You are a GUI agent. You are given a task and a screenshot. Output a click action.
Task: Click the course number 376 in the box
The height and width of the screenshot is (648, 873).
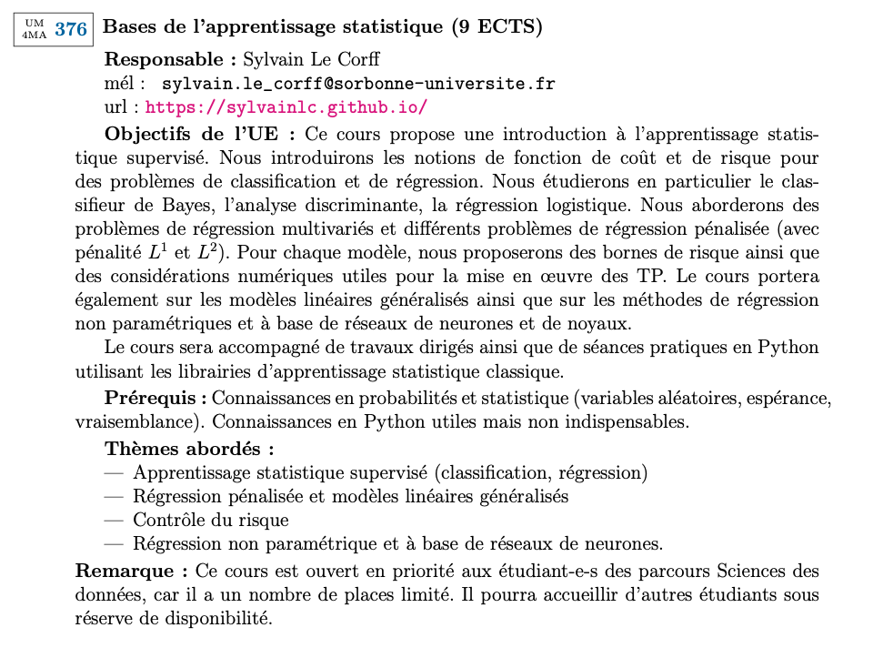pos(71,29)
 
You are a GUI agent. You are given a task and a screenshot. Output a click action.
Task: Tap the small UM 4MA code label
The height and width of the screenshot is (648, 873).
pos(34,29)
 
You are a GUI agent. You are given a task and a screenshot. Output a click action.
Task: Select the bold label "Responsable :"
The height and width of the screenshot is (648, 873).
pos(171,60)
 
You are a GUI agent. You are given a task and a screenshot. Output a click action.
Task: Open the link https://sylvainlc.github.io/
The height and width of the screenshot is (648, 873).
pos(286,107)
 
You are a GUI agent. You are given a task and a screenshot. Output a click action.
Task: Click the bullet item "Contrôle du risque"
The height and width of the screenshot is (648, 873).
pos(211,521)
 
